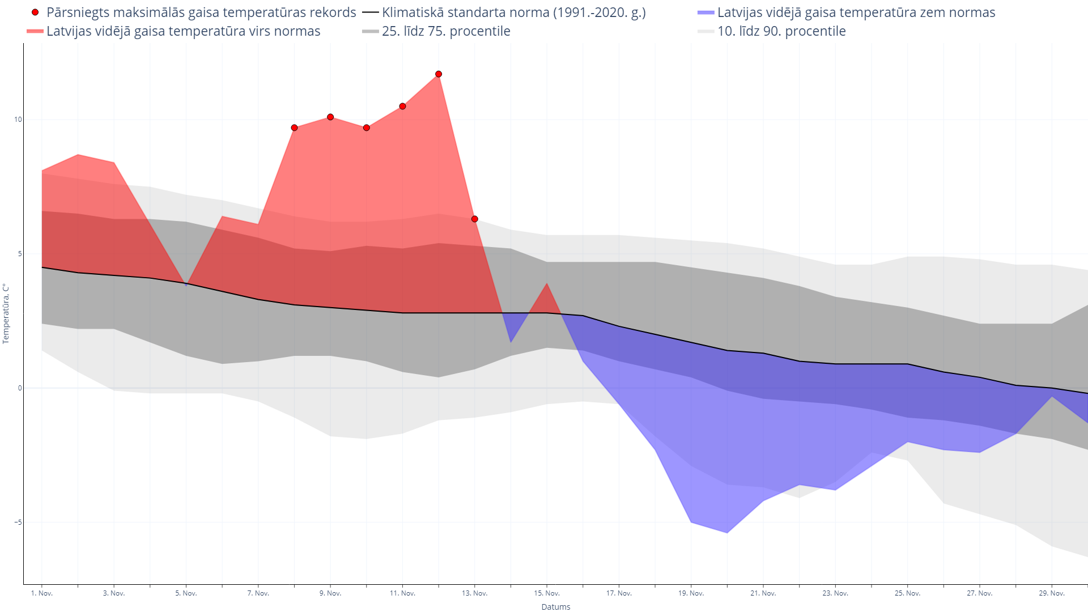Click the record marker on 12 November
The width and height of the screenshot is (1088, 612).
tap(439, 74)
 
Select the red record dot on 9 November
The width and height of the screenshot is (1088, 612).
tap(330, 117)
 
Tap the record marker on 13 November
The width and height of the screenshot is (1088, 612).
tap(475, 219)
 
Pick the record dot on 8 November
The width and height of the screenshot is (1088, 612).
tap(294, 128)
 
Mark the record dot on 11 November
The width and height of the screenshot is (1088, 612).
tap(402, 107)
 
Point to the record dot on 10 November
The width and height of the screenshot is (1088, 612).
tap(367, 128)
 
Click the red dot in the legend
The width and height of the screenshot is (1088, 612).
tap(35, 12)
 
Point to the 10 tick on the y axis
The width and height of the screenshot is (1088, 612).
tap(18, 120)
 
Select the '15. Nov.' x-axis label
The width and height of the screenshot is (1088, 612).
tap(547, 593)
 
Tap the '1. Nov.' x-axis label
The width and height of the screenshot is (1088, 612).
tap(42, 593)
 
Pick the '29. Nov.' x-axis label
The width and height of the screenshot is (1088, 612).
tap(1052, 593)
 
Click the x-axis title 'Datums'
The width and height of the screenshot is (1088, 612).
tap(556, 607)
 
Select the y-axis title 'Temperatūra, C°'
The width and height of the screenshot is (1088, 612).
tap(6, 313)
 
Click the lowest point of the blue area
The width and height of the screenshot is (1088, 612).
tap(727, 533)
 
